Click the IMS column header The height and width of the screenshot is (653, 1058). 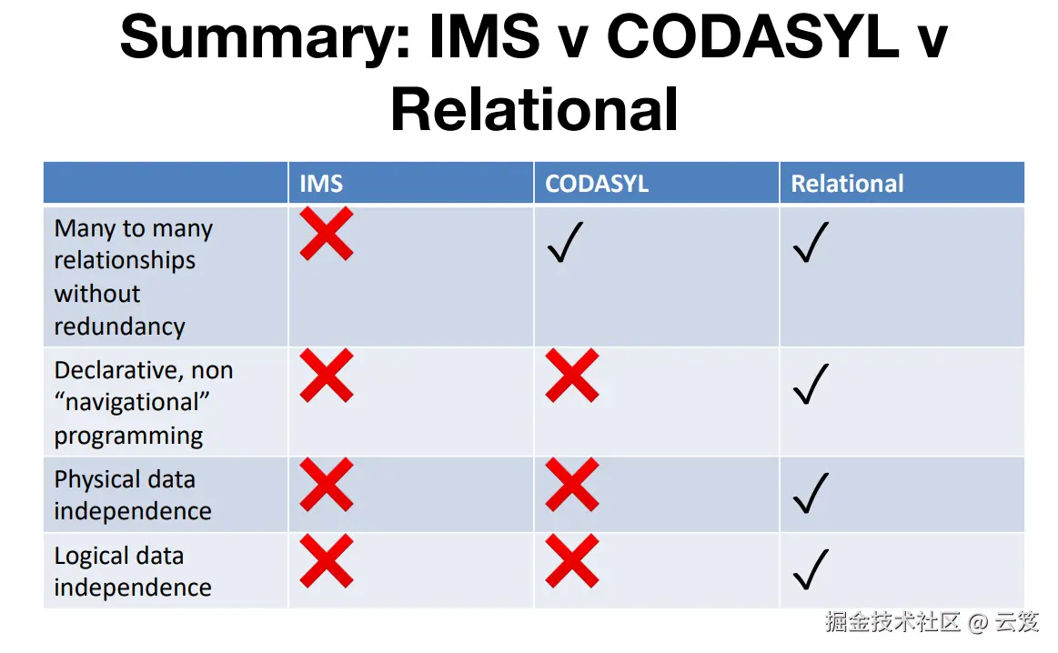tap(321, 184)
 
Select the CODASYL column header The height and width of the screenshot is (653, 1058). tap(597, 184)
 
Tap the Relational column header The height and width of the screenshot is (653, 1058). tap(847, 184)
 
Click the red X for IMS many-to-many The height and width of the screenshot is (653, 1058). tap(327, 234)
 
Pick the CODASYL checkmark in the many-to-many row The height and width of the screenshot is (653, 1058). tap(566, 242)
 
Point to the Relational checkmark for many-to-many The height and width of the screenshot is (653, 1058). tap(811, 242)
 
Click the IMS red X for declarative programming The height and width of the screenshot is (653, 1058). tap(327, 375)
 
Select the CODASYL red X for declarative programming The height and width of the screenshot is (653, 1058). tap(572, 375)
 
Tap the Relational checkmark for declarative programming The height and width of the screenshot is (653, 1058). tap(811, 384)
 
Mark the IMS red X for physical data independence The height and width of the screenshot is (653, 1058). tap(327, 485)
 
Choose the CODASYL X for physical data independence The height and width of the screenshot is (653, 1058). tap(572, 485)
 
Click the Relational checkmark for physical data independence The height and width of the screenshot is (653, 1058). tap(811, 493)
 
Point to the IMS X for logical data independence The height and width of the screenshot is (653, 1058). tap(327, 560)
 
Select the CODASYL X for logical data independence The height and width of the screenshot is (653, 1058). tap(572, 560)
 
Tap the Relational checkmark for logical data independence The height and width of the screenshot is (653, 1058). tap(811, 569)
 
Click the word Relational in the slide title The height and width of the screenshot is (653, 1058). tap(534, 109)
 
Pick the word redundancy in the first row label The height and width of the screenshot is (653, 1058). tap(119, 326)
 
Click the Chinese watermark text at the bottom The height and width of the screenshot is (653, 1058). tap(932, 621)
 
